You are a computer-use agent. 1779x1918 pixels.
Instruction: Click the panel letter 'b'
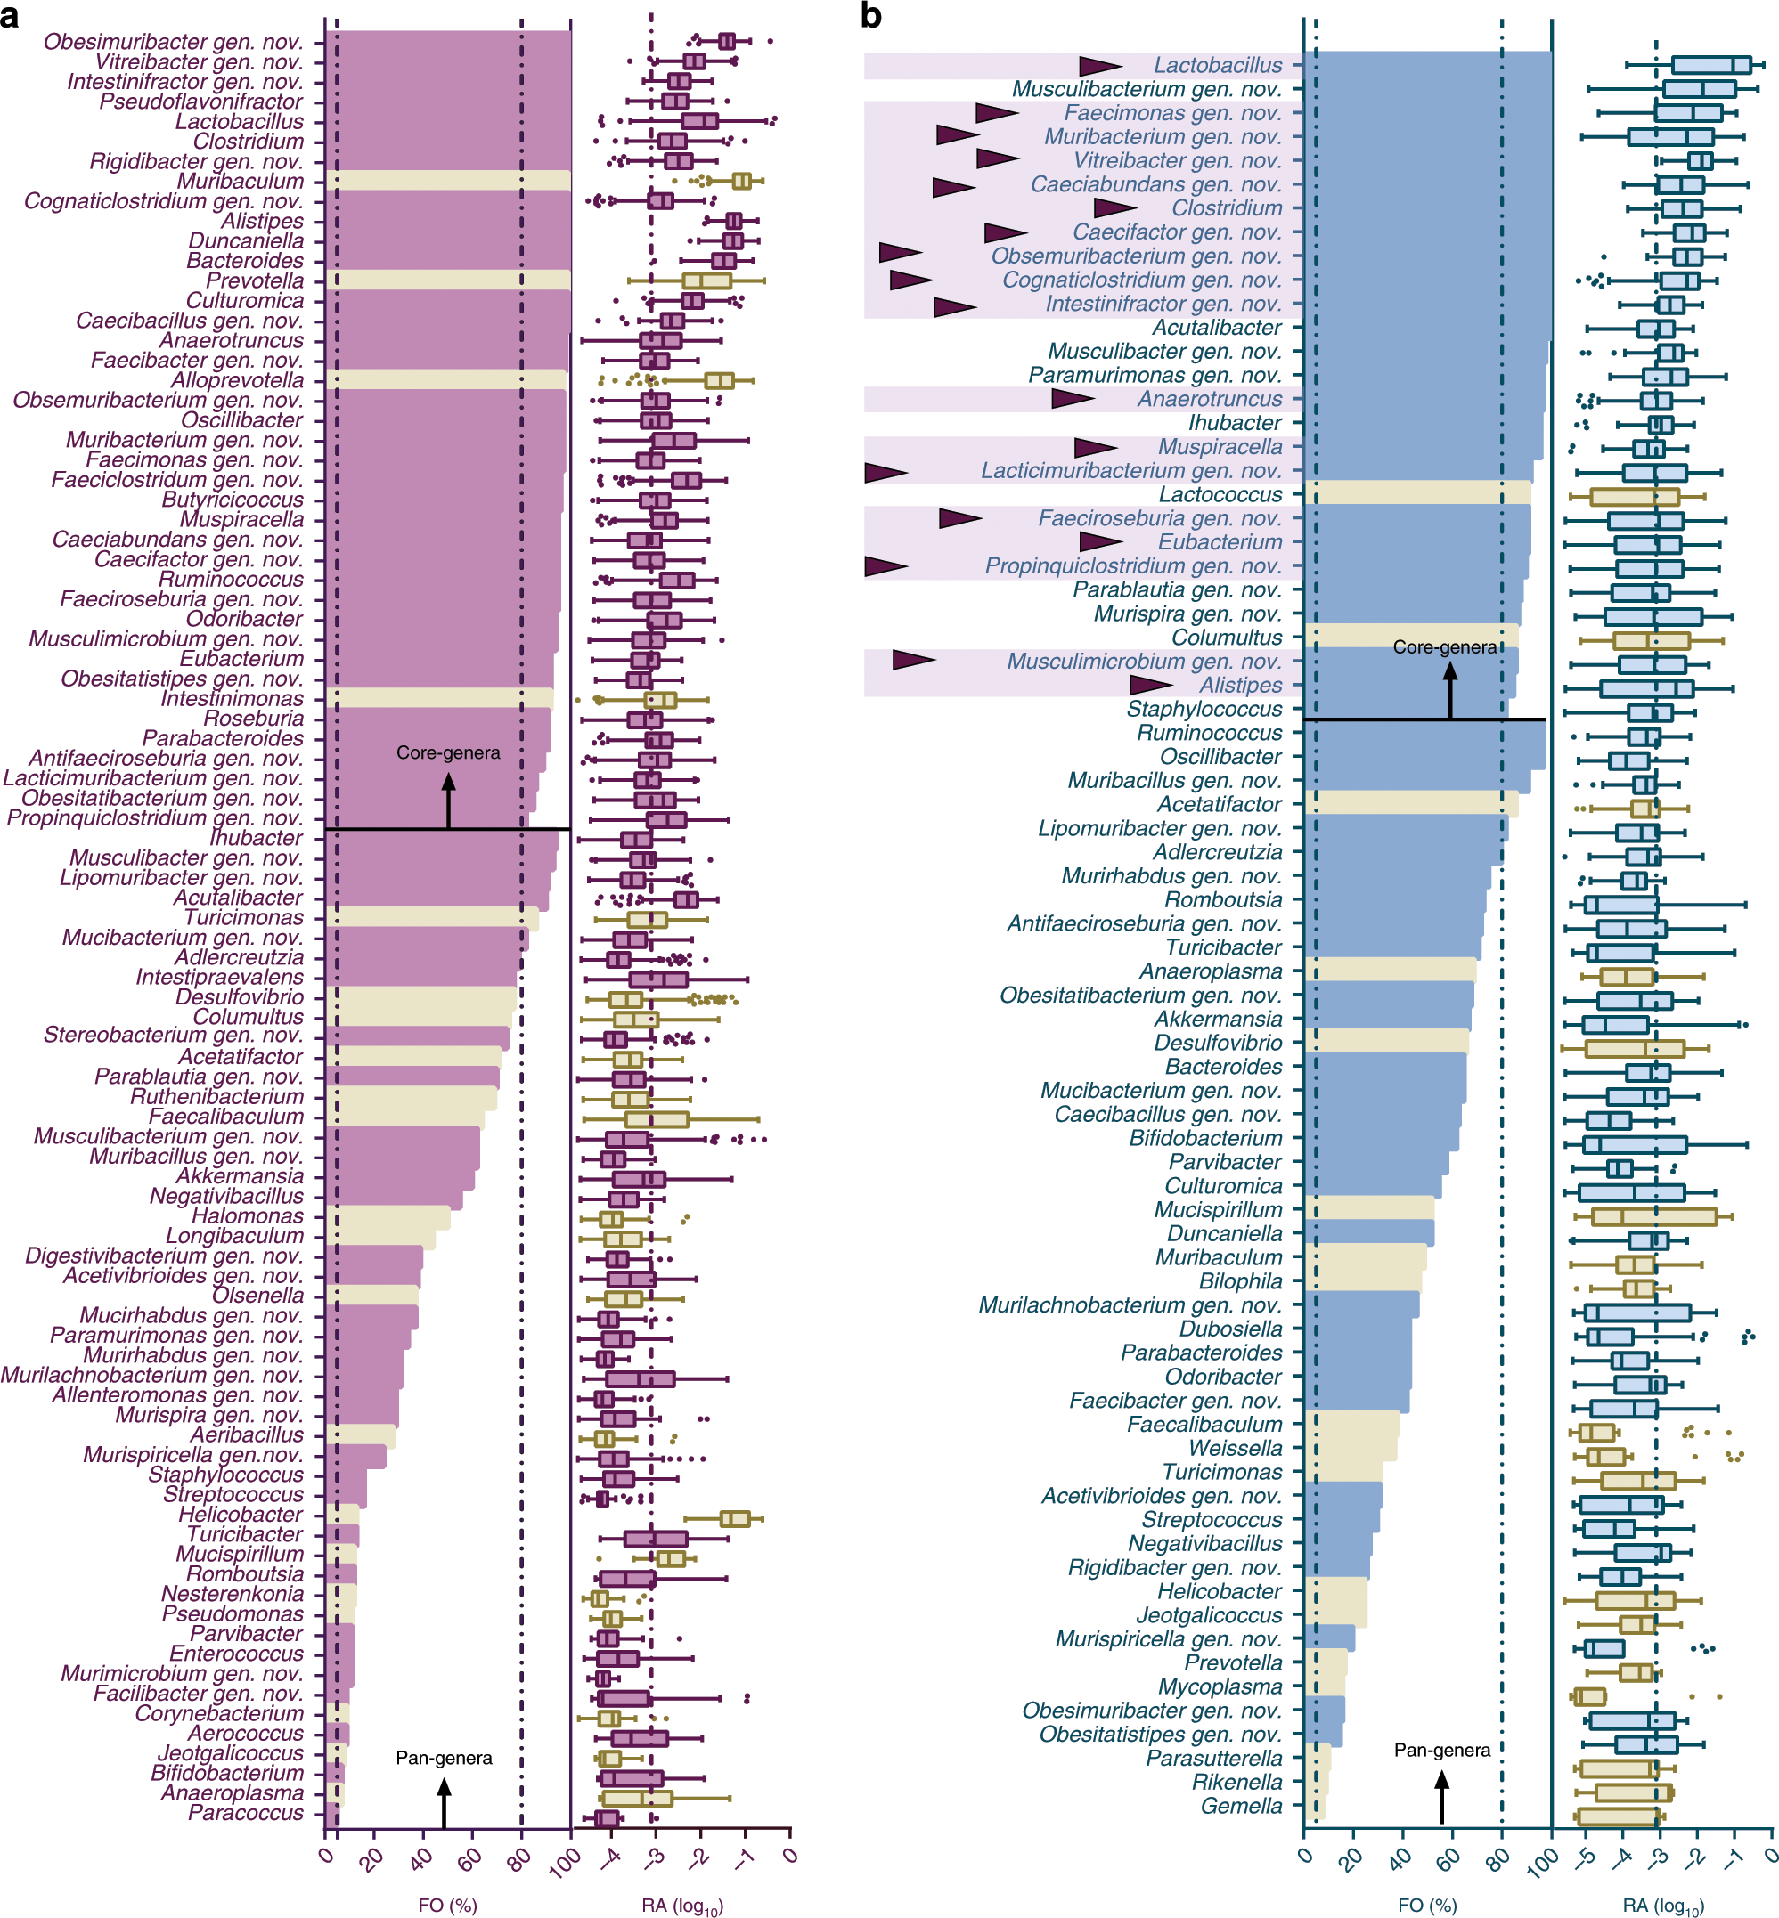point(870,16)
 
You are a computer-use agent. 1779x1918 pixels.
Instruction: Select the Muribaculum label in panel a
point(240,181)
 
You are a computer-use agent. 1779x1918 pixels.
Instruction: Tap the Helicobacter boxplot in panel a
point(735,1517)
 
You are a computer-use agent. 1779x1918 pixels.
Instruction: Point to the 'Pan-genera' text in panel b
point(1441,1750)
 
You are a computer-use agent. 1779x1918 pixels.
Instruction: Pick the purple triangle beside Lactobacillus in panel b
point(1098,65)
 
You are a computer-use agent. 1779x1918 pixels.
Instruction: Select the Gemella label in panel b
point(1241,1807)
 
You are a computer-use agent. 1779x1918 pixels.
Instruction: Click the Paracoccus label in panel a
point(246,1813)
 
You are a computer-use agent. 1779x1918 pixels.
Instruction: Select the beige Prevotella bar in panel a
point(447,280)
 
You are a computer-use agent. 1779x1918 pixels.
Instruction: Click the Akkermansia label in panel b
point(1218,1018)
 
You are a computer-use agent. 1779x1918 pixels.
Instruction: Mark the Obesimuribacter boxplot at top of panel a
point(727,40)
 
